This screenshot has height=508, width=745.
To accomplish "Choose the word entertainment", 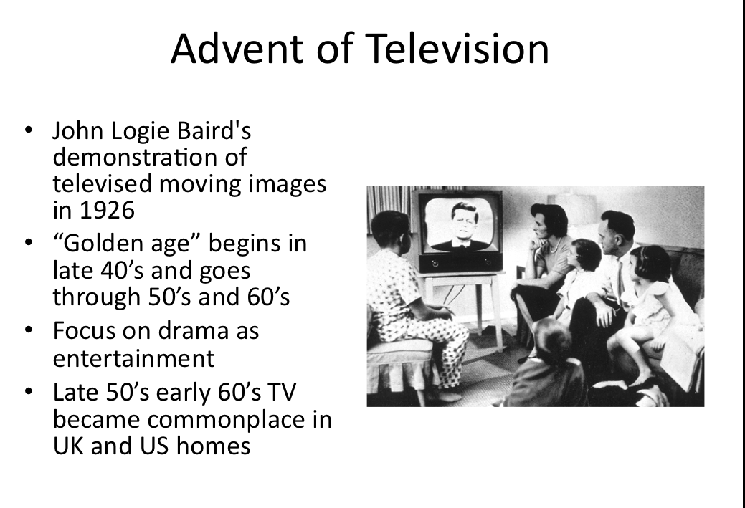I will coord(133,358).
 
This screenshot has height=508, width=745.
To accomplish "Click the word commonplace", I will coord(229,418).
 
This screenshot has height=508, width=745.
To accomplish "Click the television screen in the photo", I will coord(459,224).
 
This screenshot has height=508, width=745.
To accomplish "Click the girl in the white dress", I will coord(653,301).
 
